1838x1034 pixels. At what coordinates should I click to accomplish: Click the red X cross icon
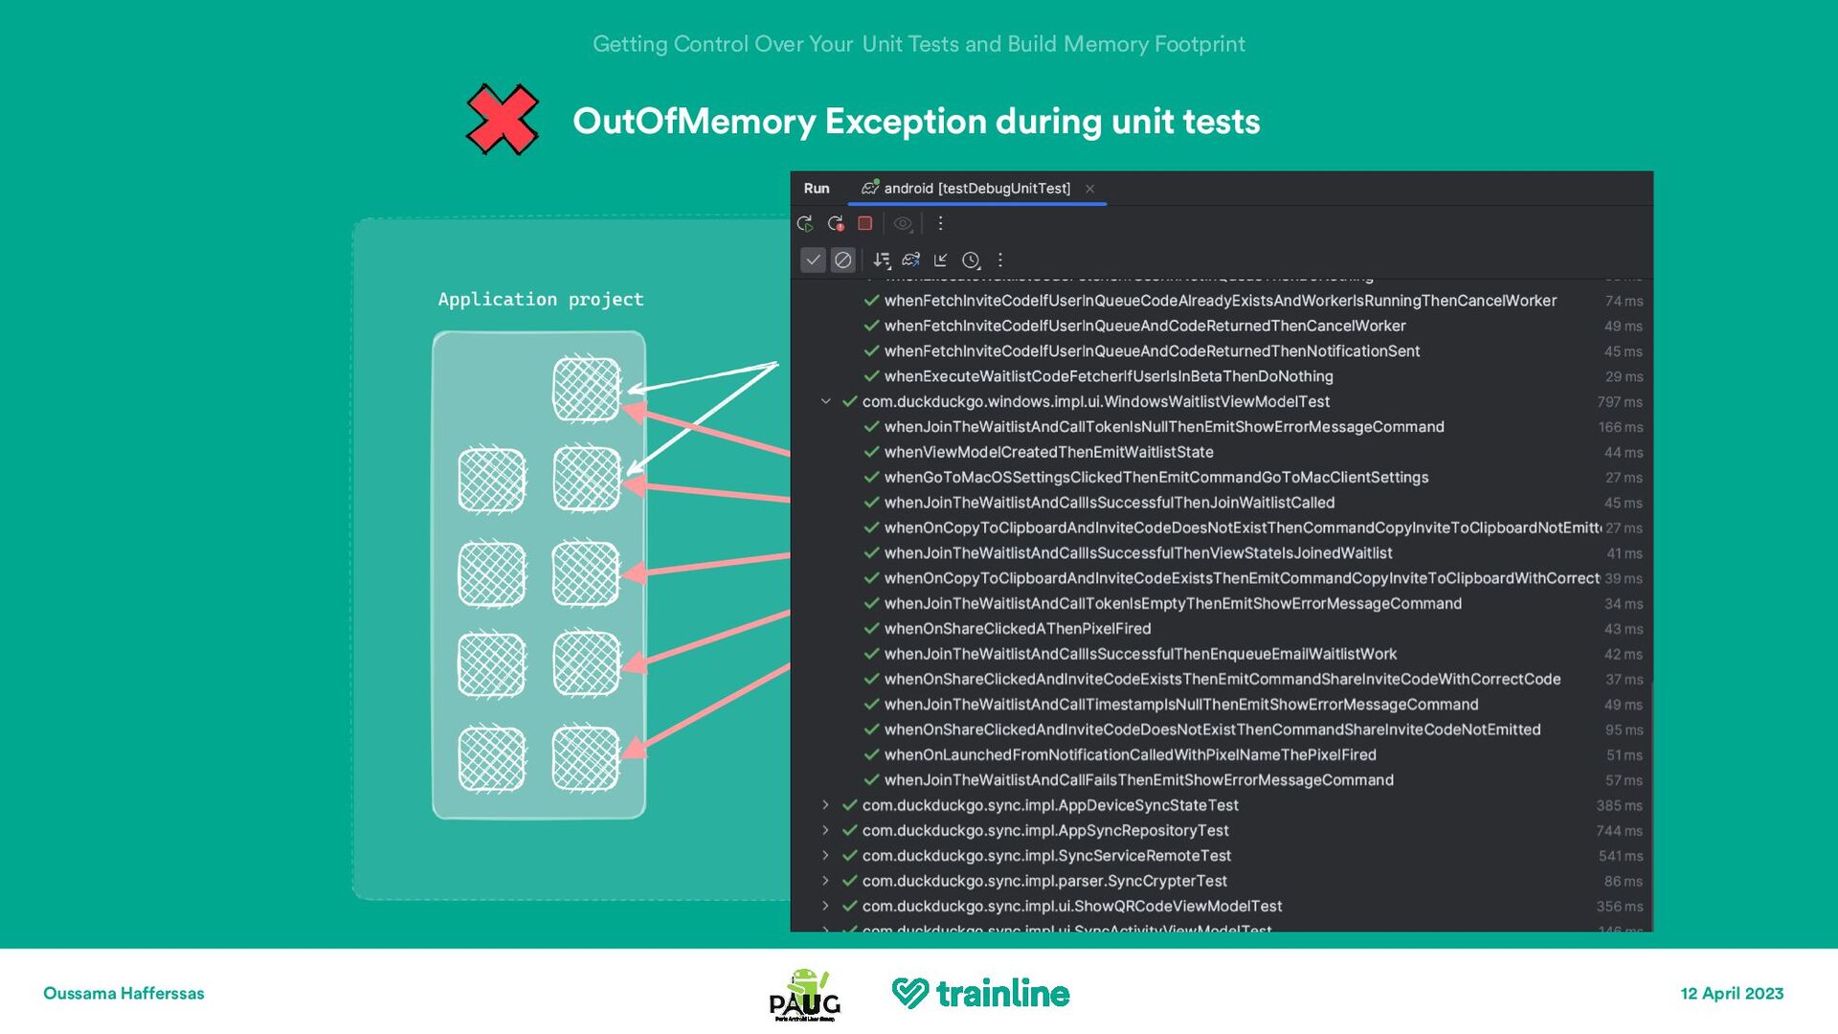tap(502, 120)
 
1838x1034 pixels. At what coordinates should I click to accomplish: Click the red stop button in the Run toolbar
tap(865, 223)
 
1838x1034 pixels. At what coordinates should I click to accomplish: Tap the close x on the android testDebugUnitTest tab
tap(1089, 189)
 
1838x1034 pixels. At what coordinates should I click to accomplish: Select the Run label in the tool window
tap(817, 189)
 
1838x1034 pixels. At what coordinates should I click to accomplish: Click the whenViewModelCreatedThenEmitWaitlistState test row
tap(1048, 452)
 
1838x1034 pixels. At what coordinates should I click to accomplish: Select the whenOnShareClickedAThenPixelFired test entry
tap(1017, 629)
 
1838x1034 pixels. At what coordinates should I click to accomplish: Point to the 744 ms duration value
tap(1619, 831)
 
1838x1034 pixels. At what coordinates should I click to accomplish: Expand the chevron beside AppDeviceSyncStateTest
tap(825, 805)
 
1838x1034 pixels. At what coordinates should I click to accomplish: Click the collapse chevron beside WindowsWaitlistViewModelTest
tap(825, 402)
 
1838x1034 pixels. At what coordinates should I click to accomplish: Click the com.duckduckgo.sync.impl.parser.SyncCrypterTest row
tap(1043, 881)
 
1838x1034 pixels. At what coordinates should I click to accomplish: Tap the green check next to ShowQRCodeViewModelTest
tap(849, 906)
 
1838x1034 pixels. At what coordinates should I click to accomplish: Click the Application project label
tap(541, 300)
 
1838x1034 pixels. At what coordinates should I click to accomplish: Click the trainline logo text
tap(1001, 994)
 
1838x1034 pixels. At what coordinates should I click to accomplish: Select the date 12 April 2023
tap(1732, 994)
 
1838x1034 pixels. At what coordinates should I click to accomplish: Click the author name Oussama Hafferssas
tap(123, 994)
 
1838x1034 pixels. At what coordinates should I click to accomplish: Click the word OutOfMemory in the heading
tap(693, 122)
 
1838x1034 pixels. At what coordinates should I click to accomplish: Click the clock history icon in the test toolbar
tap(971, 260)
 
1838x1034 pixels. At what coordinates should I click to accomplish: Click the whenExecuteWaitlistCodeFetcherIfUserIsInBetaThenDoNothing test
tap(1108, 376)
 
